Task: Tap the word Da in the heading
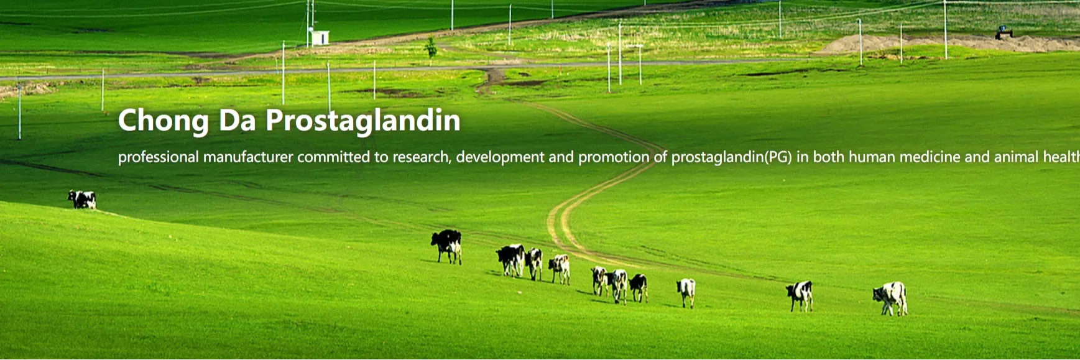[238, 120]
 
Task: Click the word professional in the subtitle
[159, 157]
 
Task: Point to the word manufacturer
[248, 157]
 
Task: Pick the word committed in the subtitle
[333, 157]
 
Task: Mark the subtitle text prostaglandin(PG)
[731, 157]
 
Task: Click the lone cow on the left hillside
[82, 200]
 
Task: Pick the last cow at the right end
[891, 298]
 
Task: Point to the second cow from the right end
[800, 295]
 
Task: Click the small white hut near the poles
[320, 38]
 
